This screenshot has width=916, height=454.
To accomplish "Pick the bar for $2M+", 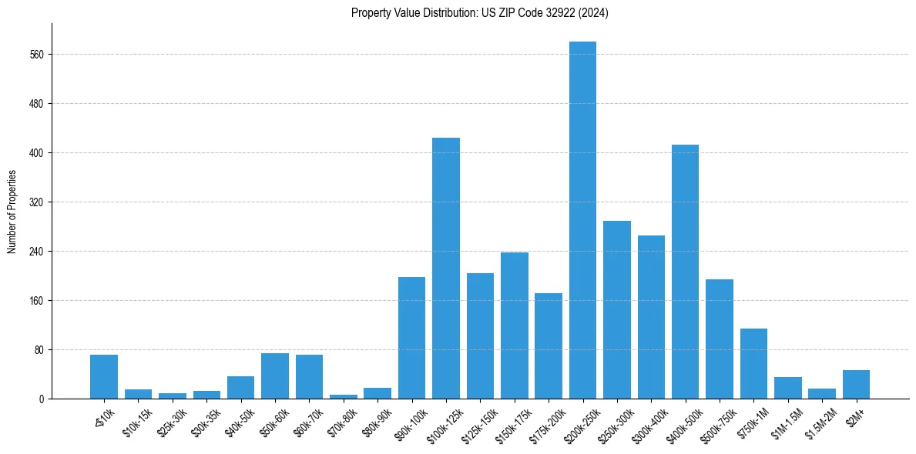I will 856,385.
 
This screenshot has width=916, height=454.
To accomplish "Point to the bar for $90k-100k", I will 411,338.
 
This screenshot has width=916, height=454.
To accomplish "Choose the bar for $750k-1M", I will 753,363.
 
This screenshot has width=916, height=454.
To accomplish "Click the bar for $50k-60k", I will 275,376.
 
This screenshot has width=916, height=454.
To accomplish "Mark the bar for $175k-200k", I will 549,346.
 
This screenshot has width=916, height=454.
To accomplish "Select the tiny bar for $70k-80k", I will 344,396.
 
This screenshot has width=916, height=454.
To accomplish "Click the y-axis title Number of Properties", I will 12,211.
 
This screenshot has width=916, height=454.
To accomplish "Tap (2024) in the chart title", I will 593,13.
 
